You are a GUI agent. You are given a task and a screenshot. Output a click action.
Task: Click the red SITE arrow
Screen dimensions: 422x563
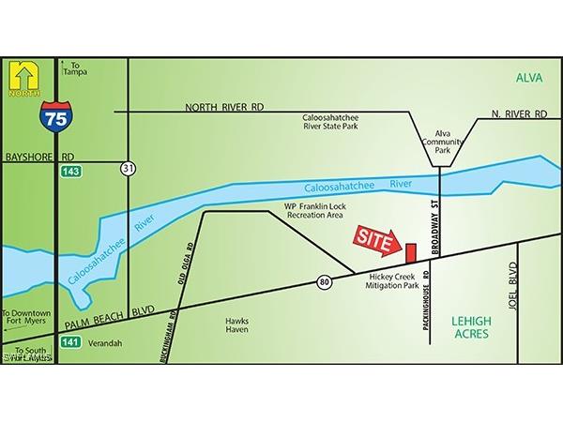click(x=373, y=240)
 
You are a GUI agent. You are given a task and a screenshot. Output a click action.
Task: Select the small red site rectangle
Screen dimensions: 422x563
click(x=410, y=252)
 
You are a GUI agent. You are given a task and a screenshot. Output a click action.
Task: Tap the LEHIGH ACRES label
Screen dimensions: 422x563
click(x=479, y=326)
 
